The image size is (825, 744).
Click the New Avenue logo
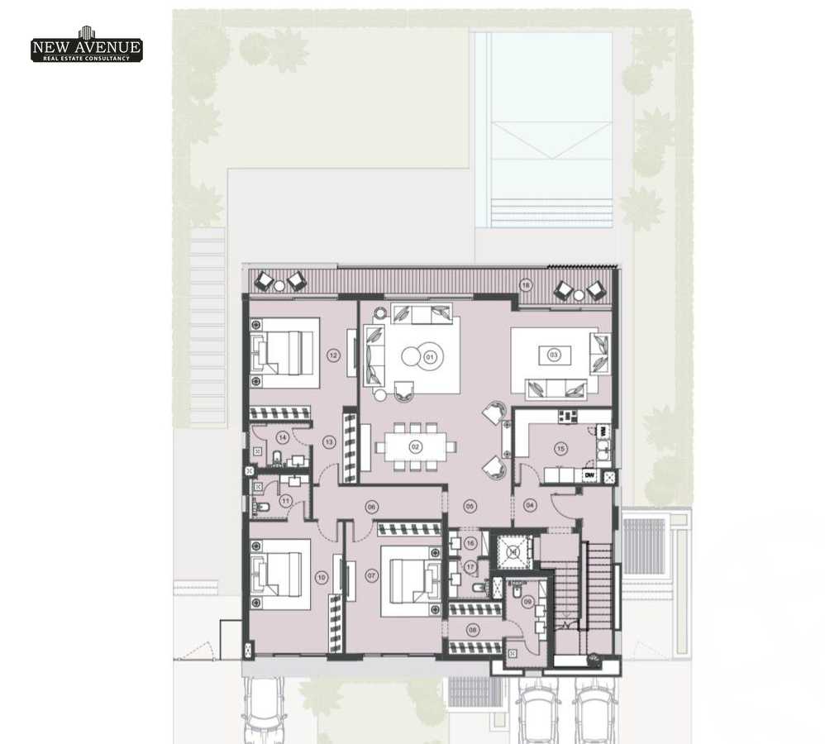(86, 46)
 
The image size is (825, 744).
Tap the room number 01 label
(430, 356)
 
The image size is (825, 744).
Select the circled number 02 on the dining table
(416, 446)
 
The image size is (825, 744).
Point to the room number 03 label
(554, 355)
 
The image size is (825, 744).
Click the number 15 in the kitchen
(561, 449)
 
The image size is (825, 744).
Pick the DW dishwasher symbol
(589, 475)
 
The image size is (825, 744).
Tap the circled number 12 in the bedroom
(333, 355)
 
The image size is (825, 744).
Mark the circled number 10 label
(322, 577)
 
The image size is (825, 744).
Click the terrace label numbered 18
(525, 285)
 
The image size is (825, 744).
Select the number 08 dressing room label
(473, 629)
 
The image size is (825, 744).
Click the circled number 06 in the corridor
(371, 506)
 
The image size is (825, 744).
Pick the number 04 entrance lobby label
(531, 503)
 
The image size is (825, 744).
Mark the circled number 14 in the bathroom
(283, 437)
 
